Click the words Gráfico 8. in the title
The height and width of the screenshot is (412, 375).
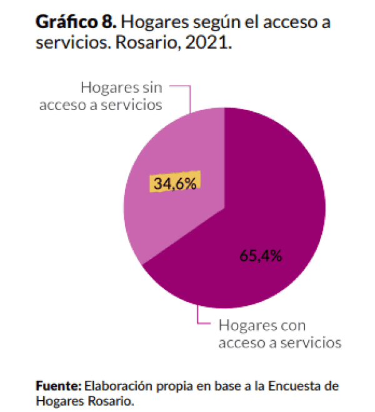pos(75,23)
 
